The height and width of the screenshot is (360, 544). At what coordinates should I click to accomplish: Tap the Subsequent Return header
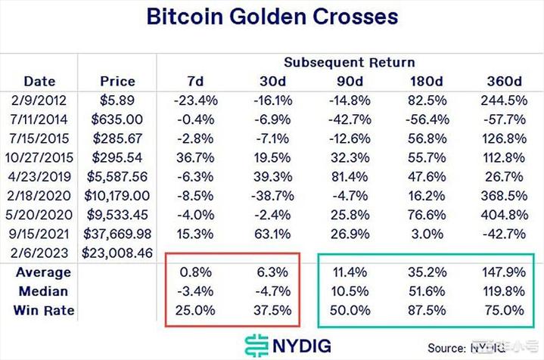(349, 62)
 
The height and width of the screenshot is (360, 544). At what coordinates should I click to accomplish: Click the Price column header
(117, 81)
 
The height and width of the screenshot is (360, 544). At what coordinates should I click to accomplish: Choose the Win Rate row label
(45, 309)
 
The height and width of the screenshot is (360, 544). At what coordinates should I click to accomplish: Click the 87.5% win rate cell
(425, 309)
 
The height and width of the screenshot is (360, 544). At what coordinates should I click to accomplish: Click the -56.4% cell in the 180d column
(425, 119)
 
